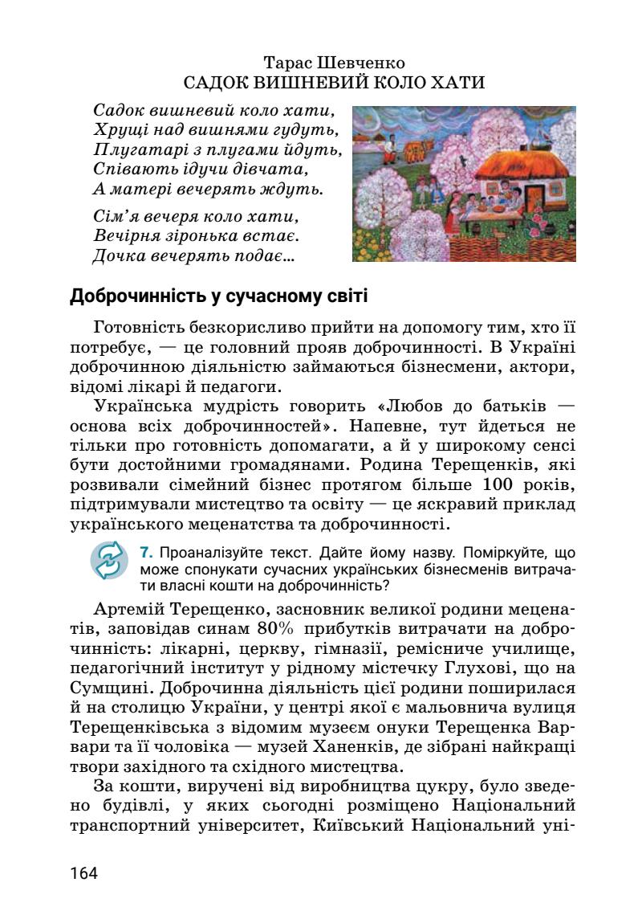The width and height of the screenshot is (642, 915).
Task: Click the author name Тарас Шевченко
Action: click(334, 63)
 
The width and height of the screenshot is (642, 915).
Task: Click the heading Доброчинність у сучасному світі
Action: click(219, 296)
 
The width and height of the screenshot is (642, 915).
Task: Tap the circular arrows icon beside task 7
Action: click(109, 560)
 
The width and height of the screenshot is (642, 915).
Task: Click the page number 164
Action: click(84, 872)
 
